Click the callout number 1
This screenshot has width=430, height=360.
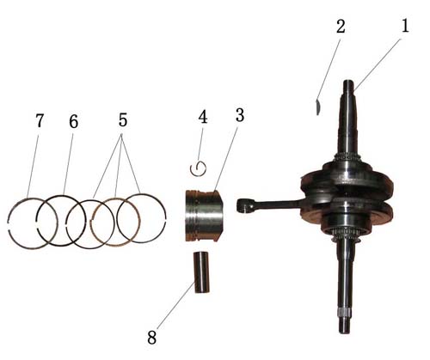point(405,26)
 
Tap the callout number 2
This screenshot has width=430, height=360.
point(341,27)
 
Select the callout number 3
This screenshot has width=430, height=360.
point(240,115)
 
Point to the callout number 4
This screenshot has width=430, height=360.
point(203,116)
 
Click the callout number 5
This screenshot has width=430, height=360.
point(123,119)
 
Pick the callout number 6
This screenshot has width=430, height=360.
point(73,121)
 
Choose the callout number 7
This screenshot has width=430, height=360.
point(40,120)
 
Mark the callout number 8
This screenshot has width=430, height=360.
point(152,337)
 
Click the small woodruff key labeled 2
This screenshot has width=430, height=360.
point(317,107)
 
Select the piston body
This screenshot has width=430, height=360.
point(204,216)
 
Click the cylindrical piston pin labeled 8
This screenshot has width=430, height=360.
point(200,272)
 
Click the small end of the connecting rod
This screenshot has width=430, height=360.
point(243,205)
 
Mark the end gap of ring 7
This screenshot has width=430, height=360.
point(8,225)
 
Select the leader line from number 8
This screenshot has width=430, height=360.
point(175,305)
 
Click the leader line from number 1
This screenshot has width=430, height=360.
point(378,65)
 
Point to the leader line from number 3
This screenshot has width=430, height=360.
point(226,158)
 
